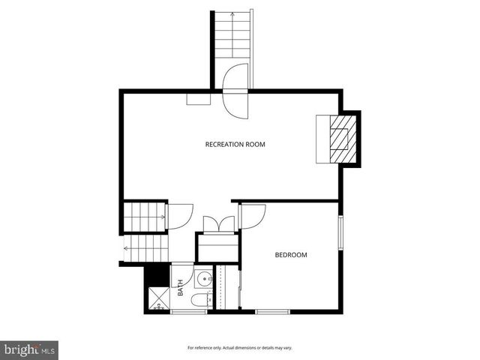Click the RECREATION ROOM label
[235, 144]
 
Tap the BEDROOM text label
[291, 255]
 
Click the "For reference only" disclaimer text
[239, 348]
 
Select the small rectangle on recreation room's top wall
[199, 98]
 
